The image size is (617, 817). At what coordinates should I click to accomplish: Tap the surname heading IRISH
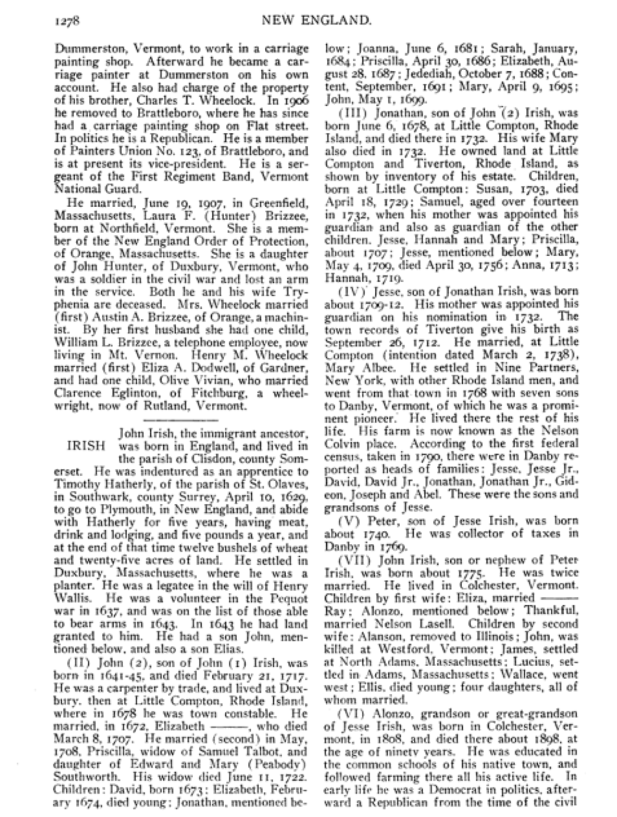(85, 445)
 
